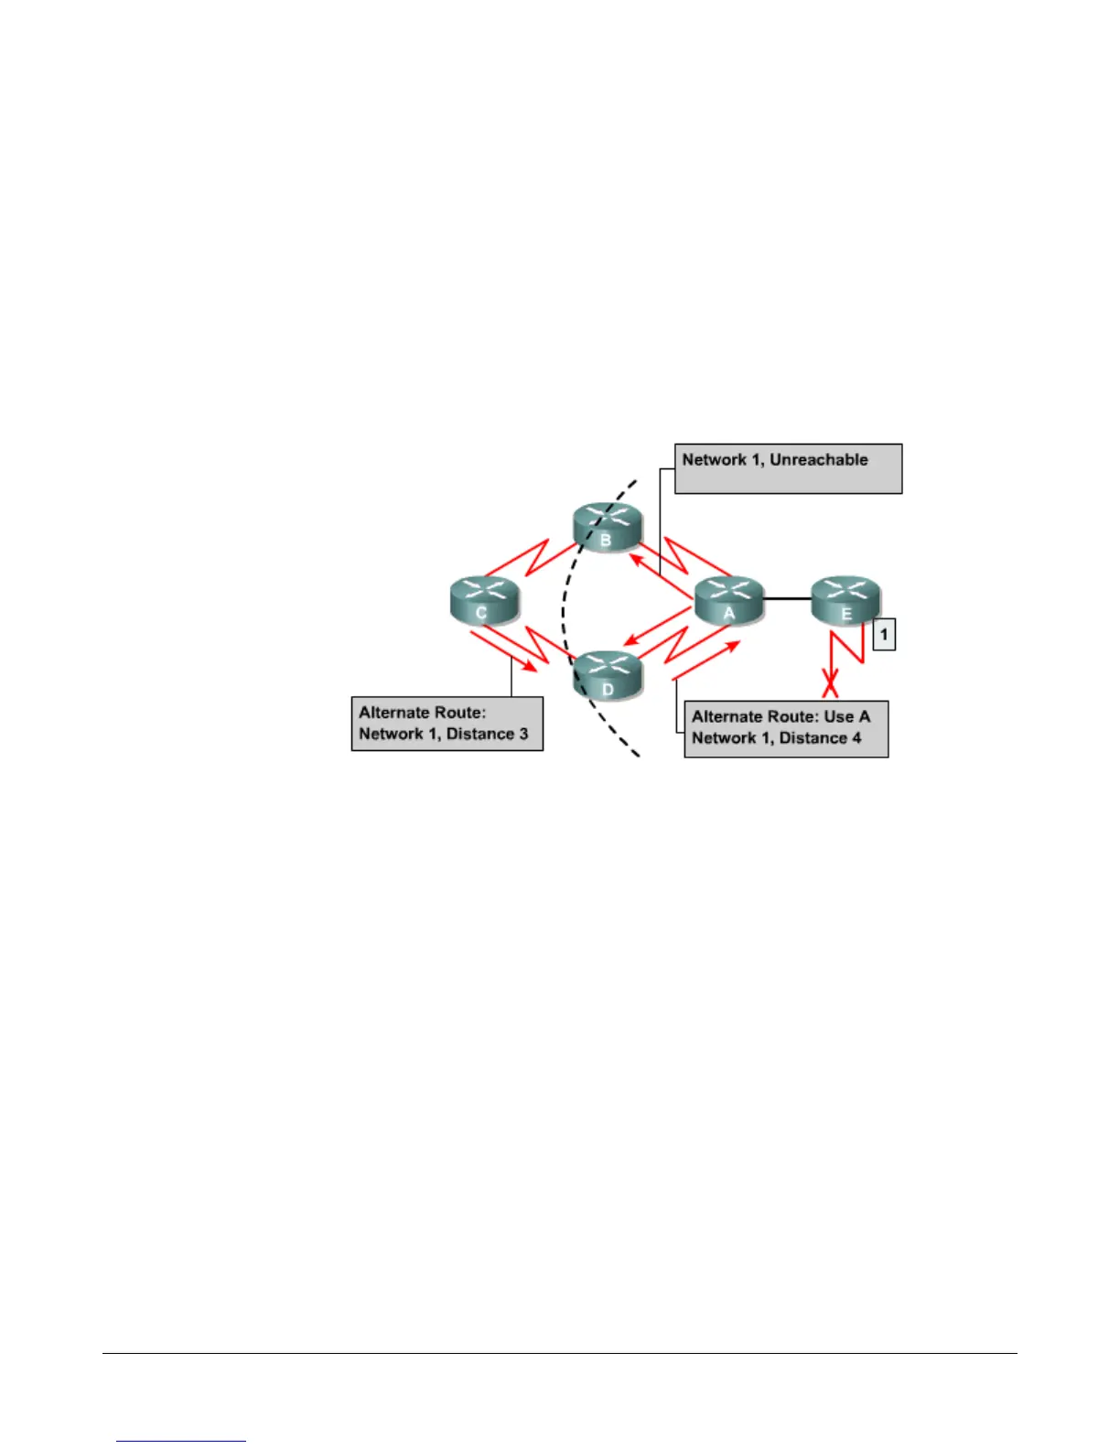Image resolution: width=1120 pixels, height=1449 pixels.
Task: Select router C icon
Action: [484, 600]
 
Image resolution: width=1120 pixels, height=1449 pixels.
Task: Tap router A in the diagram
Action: [729, 600]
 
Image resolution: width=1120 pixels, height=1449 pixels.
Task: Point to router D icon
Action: [608, 675]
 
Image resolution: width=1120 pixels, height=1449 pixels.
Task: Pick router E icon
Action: [846, 599]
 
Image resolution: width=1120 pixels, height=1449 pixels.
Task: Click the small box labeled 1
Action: [884, 634]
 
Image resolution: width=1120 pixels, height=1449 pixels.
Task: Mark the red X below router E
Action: [831, 685]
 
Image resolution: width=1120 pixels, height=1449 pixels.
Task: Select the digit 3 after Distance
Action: [523, 734]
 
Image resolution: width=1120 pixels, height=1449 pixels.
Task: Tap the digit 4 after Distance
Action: [856, 738]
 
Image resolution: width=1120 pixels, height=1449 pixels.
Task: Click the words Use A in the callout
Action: [847, 716]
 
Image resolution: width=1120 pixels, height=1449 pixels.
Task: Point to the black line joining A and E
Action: [788, 599]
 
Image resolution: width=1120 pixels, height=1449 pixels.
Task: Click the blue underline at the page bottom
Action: [181, 1441]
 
